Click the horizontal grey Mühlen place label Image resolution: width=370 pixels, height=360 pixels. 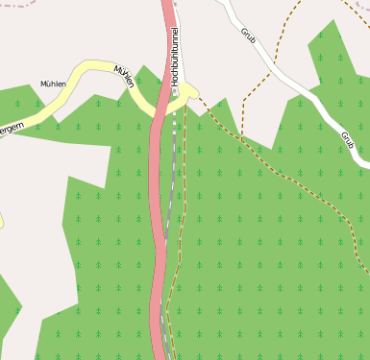click(53, 84)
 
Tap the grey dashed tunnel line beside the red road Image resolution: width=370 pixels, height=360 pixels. click(171, 192)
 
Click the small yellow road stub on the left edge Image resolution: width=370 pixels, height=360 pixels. click(1, 221)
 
